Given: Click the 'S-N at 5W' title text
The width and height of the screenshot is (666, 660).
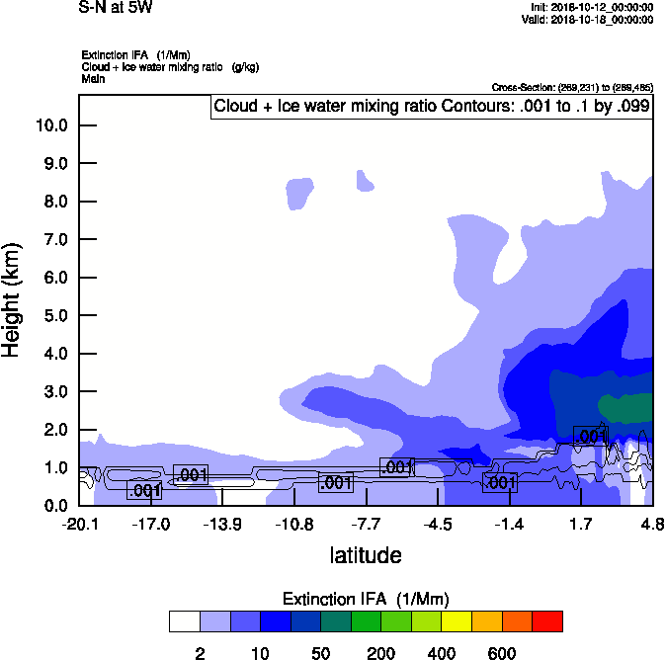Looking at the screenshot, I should pyautogui.click(x=116, y=7).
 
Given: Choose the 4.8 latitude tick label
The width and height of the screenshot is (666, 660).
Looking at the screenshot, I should pyautogui.click(x=651, y=524).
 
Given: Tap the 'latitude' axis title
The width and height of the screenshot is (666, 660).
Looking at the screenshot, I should pyautogui.click(x=366, y=555).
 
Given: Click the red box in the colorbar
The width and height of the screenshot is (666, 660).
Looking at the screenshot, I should pyautogui.click(x=547, y=621).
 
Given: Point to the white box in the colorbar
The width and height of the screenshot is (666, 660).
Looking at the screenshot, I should pyautogui.click(x=185, y=621).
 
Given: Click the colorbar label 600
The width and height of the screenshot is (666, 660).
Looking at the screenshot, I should pyautogui.click(x=502, y=653).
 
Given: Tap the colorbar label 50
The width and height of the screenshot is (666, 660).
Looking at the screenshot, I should pyautogui.click(x=320, y=653).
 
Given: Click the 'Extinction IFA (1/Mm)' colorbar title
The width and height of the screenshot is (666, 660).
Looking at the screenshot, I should pyautogui.click(x=366, y=600).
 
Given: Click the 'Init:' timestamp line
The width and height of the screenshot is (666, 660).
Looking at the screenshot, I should pyautogui.click(x=592, y=7).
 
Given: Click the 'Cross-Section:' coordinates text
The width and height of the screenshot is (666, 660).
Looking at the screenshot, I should pyautogui.click(x=572, y=88).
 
